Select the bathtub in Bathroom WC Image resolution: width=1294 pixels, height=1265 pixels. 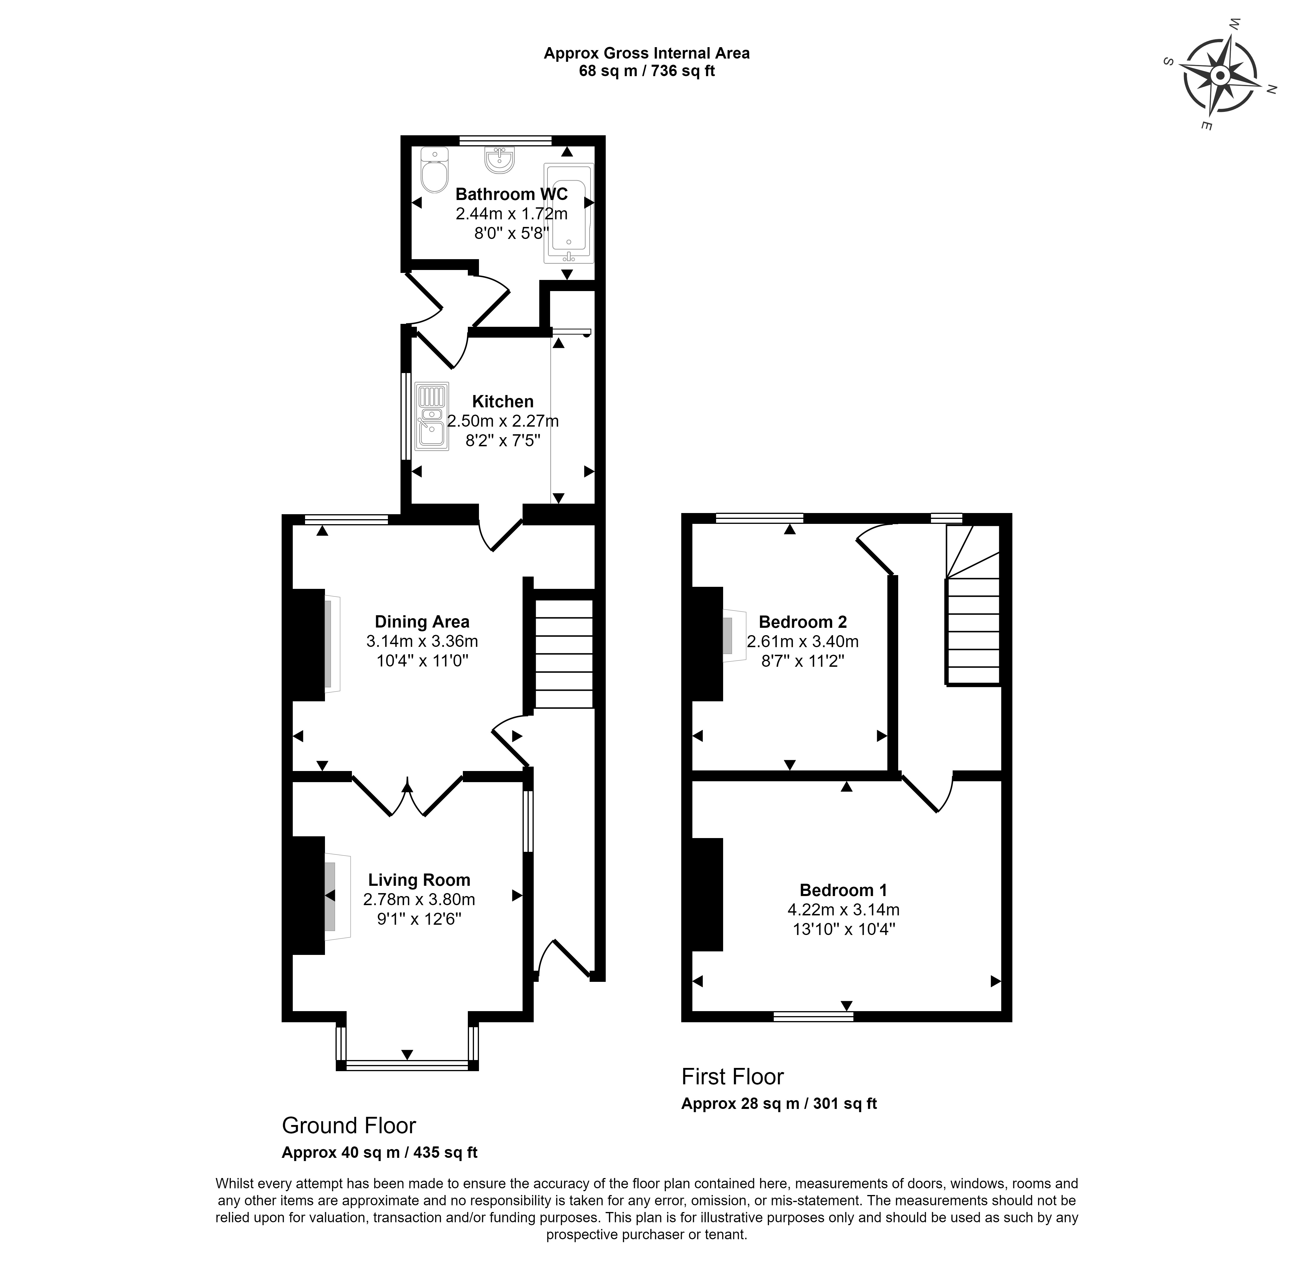tap(568, 213)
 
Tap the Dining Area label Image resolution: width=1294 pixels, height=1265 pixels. tap(422, 621)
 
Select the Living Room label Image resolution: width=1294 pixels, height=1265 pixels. tap(419, 880)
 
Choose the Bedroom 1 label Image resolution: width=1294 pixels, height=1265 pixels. tap(843, 890)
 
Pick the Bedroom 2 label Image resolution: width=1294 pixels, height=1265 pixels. tap(802, 622)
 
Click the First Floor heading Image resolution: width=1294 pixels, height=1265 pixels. tap(732, 1076)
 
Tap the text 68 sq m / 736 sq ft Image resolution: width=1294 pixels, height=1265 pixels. tap(646, 71)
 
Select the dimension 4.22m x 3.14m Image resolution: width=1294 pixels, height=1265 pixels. tap(843, 910)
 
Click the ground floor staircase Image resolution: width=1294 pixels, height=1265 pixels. tap(563, 653)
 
